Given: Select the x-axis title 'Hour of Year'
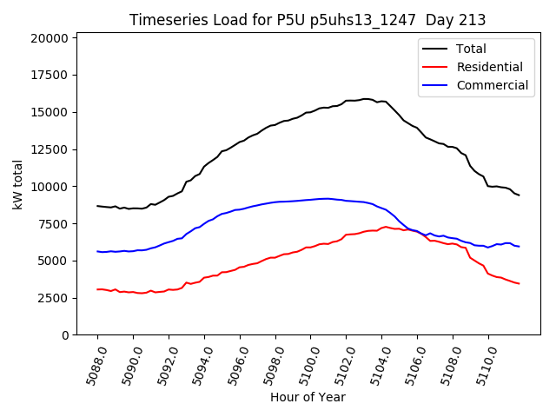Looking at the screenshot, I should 308,397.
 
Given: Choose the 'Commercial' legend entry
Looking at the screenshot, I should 492,85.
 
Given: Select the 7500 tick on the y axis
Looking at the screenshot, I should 53,224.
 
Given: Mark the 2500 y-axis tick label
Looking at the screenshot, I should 53,298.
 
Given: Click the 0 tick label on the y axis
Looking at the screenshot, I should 66,335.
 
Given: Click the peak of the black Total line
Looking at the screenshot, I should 366,99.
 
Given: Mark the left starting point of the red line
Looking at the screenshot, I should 97,289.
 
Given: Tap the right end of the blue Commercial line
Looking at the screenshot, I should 519,247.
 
